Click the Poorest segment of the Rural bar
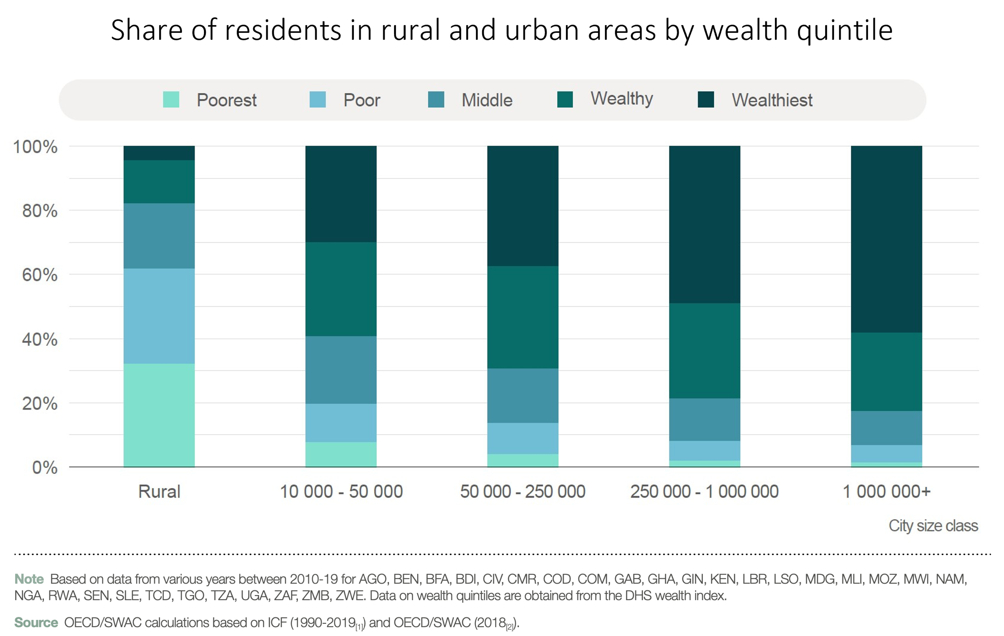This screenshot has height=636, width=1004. [x=159, y=415]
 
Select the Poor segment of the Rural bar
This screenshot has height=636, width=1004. [x=159, y=316]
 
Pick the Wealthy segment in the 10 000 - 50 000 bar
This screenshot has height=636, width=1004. [x=341, y=289]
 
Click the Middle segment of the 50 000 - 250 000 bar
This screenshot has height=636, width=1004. [x=522, y=395]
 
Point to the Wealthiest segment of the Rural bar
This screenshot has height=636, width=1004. [x=159, y=153]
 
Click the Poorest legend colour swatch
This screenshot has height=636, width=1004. [x=171, y=100]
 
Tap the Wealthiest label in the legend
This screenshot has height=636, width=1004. [x=772, y=100]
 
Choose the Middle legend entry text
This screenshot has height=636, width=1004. [x=487, y=100]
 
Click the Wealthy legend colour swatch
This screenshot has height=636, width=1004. [x=565, y=100]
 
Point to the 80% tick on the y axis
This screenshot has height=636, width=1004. [x=40, y=211]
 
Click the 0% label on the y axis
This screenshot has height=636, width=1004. [x=45, y=468]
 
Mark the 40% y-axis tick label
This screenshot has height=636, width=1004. [x=40, y=339]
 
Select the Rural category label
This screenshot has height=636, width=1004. [x=159, y=491]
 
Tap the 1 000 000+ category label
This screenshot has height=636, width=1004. [x=886, y=491]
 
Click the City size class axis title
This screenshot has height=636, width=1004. [x=933, y=525]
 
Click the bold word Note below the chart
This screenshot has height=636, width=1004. [x=29, y=579]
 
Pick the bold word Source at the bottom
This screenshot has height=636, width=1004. [x=36, y=622]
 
